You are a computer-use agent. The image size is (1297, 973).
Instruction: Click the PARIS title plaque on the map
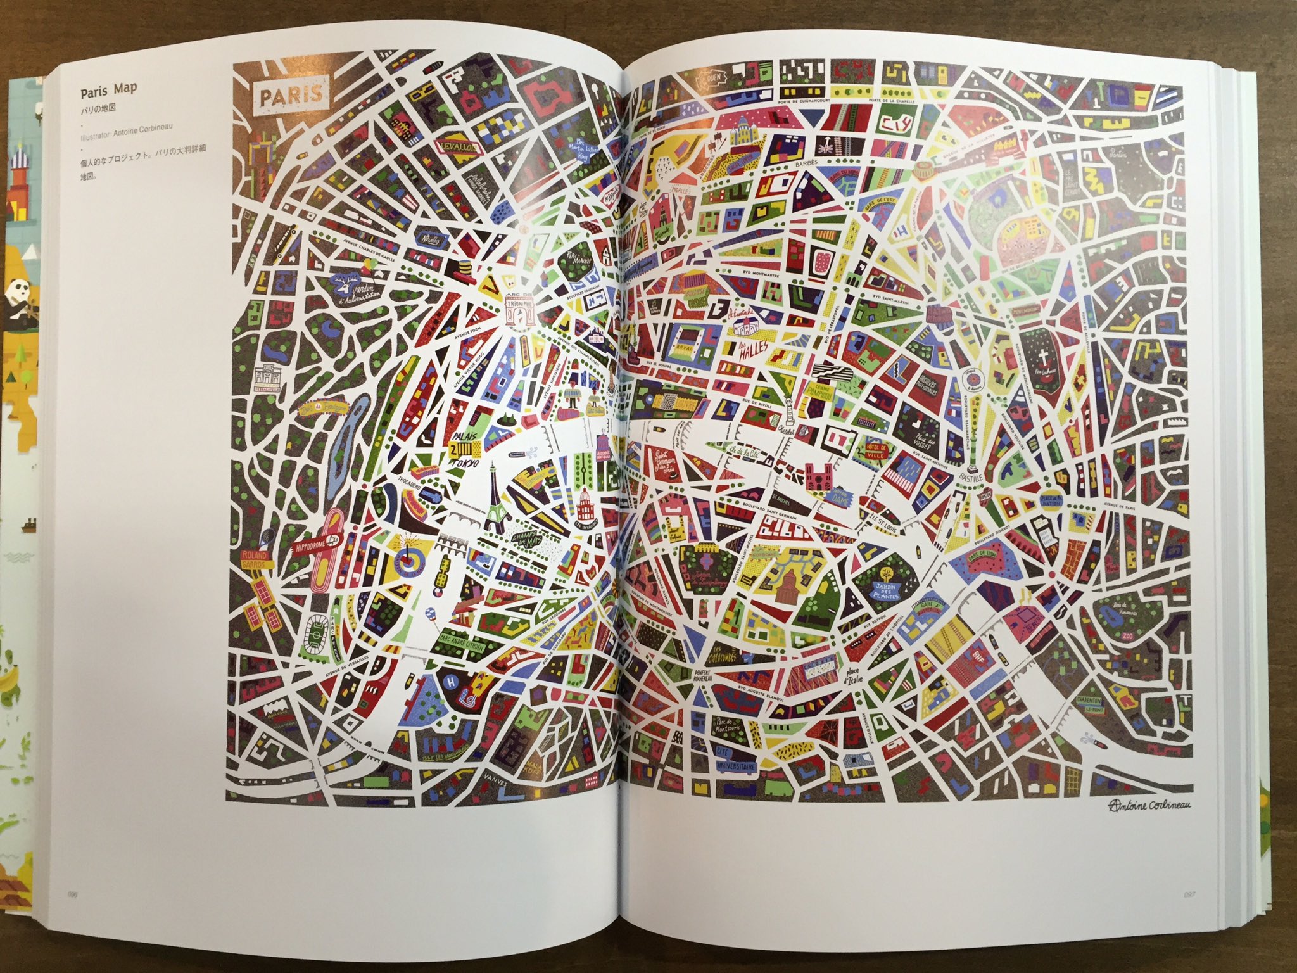pyautogui.click(x=292, y=97)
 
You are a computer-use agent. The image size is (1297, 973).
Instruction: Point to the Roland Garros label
pyautogui.click(x=255, y=557)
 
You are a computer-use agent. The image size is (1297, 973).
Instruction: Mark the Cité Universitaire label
pyautogui.click(x=734, y=766)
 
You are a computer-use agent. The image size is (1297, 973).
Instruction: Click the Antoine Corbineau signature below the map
pyautogui.click(x=1130, y=822)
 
